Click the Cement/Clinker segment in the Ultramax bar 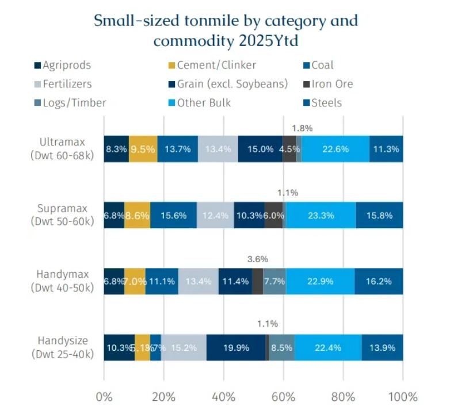143,149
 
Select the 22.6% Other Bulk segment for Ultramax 335,149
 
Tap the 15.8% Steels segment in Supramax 379,215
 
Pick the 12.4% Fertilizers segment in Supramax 215,215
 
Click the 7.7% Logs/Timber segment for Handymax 274,281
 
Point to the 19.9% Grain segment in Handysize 236,347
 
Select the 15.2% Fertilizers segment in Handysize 184,347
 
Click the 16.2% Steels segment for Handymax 379,281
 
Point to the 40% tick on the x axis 223,397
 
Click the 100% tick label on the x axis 403,397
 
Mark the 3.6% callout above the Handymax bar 257,259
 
